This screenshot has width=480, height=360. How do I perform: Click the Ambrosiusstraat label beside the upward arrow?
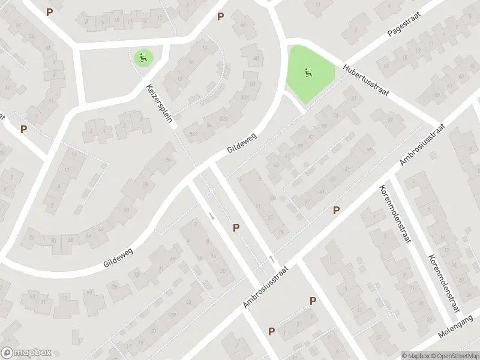coord(267,288)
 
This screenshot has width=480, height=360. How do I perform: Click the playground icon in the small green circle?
coord(143,58)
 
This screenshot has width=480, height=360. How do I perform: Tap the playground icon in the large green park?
coord(308,73)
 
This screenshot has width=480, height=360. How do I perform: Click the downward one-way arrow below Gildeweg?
coord(211,215)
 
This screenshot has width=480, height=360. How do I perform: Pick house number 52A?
coord(223,118)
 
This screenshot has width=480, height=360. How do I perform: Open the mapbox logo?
coord(26,353)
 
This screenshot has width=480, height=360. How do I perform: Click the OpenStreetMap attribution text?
coord(454,355)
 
